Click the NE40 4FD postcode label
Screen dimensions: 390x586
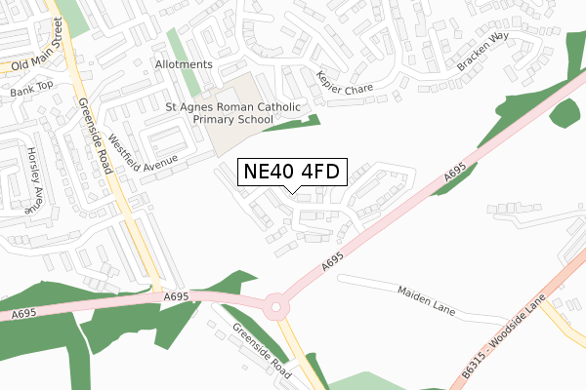click(291, 173)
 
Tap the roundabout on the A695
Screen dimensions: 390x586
click(276, 307)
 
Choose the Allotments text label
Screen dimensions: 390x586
click(183, 64)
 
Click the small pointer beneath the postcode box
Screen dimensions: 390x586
click(291, 189)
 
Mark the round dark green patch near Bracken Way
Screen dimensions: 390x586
click(564, 111)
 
